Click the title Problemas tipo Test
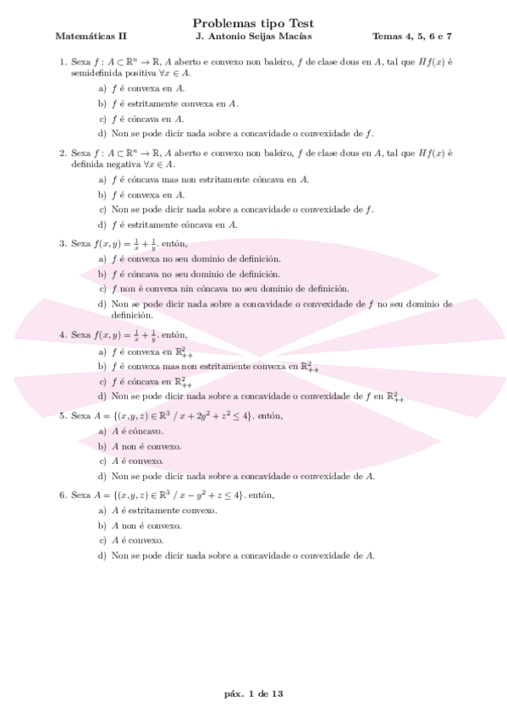point(253,24)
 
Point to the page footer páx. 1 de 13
point(253,693)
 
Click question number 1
point(63,62)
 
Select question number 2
point(63,153)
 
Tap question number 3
point(63,244)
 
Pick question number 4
point(63,334)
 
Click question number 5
point(63,416)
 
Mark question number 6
point(63,494)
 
